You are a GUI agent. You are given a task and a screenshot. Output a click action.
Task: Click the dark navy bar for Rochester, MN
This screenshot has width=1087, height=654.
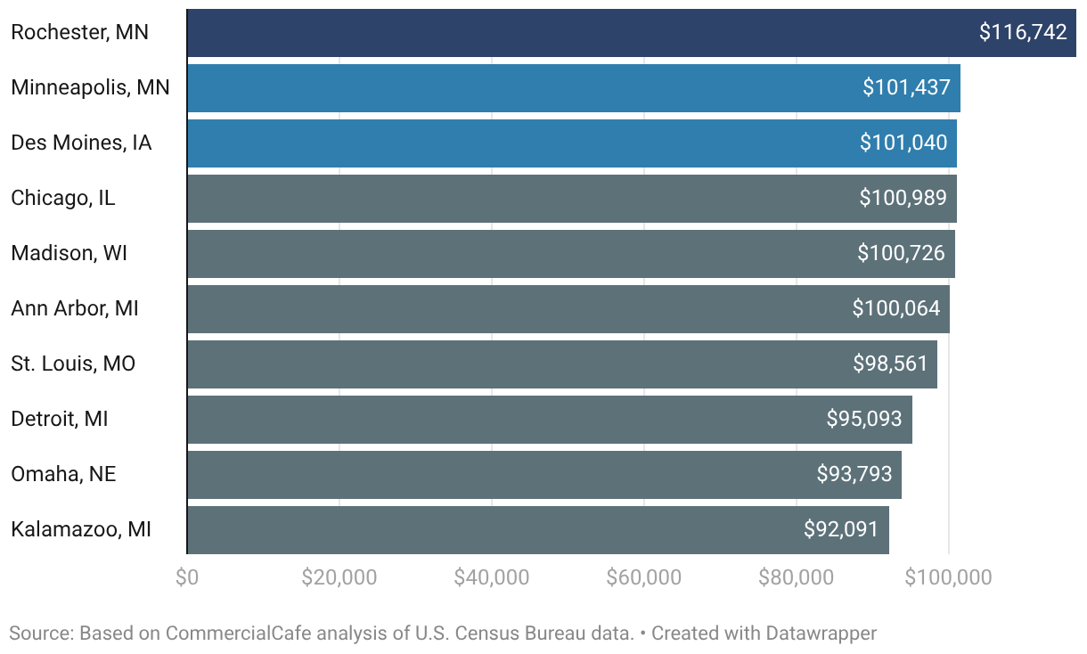pos(632,33)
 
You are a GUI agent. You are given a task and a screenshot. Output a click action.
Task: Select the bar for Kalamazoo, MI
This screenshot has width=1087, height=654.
pos(538,530)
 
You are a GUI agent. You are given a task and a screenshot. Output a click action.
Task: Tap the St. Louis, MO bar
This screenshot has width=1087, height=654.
pos(562,364)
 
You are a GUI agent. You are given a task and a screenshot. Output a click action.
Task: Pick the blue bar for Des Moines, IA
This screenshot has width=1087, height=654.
pos(572,143)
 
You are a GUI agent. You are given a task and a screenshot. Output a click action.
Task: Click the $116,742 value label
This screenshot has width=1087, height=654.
pos(1023,32)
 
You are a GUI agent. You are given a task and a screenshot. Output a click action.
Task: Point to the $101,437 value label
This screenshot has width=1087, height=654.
pos(906,88)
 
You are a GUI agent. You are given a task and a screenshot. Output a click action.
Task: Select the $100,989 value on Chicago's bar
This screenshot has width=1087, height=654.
pos(903,198)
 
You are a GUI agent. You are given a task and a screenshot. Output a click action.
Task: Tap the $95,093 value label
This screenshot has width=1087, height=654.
pos(864,419)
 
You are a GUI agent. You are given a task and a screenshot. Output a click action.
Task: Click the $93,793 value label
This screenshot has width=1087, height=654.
pos(854,474)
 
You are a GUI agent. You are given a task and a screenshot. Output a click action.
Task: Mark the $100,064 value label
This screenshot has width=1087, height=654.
pos(896,308)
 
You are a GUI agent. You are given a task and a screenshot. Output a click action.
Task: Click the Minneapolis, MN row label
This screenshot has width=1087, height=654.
pos(90,88)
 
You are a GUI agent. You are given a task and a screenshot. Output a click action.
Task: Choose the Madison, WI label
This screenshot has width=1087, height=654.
pos(69,253)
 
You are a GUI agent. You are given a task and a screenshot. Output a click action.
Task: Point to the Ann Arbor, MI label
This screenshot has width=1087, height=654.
pos(75,308)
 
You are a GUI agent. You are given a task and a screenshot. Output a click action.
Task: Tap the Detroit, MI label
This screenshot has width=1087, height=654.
pos(59,419)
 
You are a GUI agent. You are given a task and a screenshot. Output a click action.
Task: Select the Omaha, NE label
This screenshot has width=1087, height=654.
pos(63,475)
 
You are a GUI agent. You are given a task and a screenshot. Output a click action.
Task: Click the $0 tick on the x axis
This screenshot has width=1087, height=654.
pos(187,578)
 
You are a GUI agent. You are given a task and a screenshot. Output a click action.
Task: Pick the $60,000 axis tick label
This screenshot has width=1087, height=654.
pos(644,578)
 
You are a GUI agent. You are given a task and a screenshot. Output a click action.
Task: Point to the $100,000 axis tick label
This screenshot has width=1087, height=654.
pos(948,578)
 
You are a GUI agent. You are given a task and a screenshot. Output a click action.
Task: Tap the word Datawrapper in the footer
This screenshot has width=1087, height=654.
pos(821,634)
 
